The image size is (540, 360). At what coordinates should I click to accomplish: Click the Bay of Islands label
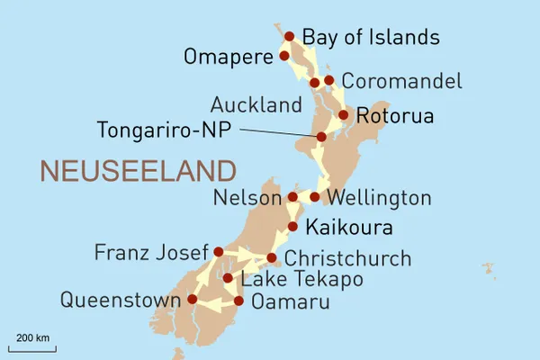[371, 37]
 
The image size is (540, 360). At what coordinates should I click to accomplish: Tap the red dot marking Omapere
[284, 56]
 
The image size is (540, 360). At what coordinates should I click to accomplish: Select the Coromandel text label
[402, 80]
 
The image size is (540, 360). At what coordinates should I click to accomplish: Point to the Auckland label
[256, 105]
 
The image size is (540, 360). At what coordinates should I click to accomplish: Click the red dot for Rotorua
[343, 115]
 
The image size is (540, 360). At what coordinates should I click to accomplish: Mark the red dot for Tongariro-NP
[321, 137]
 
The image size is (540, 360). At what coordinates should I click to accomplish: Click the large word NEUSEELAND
[138, 170]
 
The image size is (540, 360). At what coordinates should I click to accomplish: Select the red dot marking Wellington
[315, 196]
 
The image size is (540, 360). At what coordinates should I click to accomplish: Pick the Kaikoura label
[349, 226]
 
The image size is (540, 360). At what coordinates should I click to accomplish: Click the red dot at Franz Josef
[218, 252]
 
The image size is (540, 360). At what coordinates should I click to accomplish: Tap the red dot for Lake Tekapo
[228, 278]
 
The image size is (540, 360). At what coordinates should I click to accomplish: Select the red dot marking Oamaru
[238, 301]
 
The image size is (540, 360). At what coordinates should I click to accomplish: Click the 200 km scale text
[32, 337]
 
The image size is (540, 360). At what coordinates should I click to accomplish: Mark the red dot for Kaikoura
[292, 226]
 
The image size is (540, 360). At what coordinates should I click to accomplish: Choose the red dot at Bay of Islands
[290, 37]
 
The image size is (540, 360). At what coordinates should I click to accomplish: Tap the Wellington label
[381, 197]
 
